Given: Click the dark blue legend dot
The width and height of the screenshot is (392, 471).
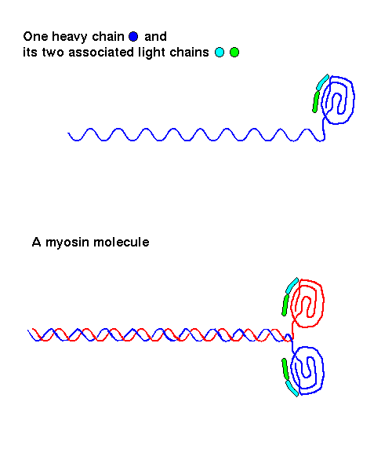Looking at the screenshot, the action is coord(133,37).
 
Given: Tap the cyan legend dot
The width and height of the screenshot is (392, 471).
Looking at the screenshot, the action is coord(220,53).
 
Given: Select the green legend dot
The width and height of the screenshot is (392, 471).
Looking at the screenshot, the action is coord(234,53).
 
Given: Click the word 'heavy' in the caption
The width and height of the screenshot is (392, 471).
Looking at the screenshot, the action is coord(70,37).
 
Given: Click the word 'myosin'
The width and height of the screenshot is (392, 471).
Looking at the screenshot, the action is coord(67,243).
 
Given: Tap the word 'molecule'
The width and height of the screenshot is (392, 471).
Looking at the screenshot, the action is coord(122,242).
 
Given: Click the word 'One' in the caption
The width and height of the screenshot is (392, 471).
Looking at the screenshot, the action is coord(35,37).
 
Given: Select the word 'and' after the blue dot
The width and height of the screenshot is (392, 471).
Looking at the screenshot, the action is coord(155,37).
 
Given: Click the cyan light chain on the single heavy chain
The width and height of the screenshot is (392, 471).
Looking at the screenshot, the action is coord(323,82).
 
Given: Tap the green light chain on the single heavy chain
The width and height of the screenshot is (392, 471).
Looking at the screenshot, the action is coord(315,102).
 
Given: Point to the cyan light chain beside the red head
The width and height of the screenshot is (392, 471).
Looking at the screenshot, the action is coord(292,286).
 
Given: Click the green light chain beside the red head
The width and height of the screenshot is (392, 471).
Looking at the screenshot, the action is coord(285,305).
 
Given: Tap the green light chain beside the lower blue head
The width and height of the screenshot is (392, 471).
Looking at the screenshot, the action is coord(285,369).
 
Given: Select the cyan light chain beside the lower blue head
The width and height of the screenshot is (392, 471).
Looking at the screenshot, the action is coord(292,389).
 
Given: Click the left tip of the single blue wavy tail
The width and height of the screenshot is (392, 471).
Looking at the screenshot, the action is coord(68,133).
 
